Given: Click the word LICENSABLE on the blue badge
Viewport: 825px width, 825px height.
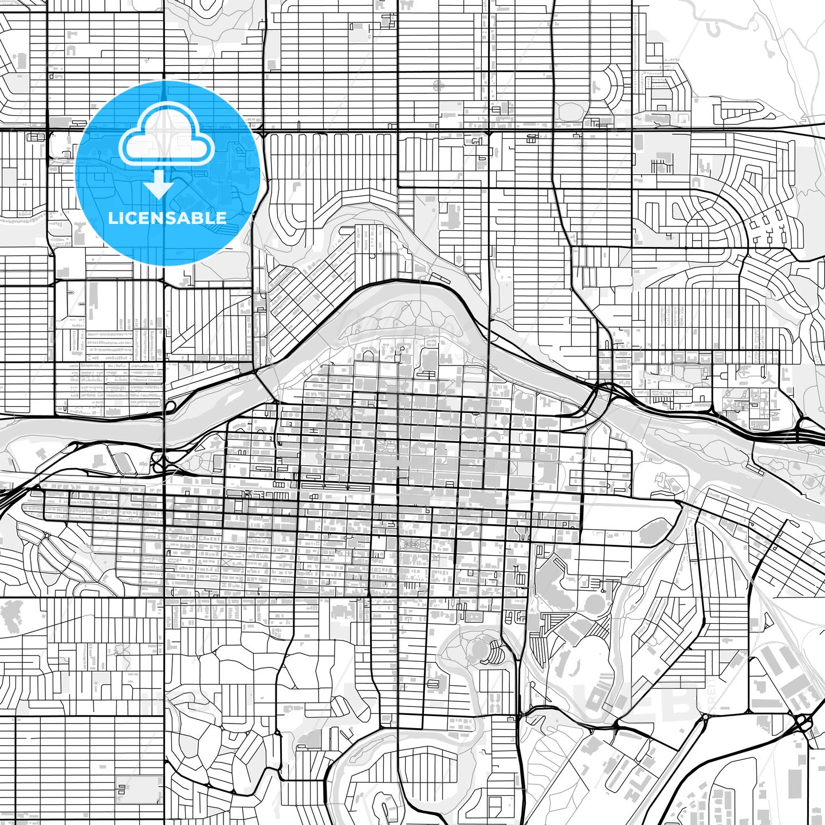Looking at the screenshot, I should tap(167, 218).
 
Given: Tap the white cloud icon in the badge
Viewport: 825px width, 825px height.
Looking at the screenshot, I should tap(166, 137).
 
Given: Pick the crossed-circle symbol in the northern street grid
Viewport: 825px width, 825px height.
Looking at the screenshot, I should tap(439, 87).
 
